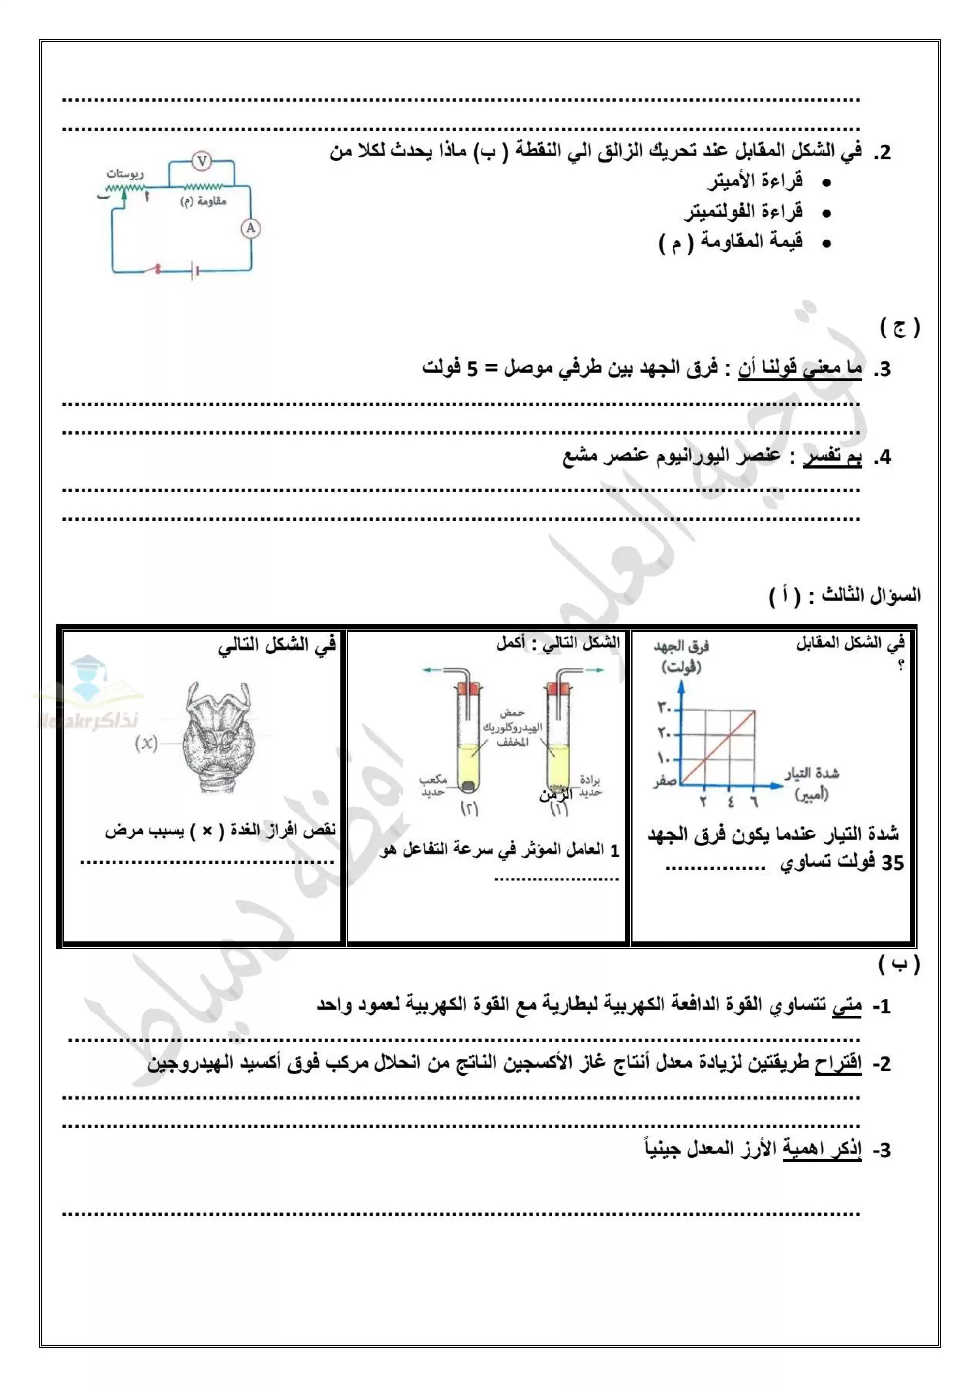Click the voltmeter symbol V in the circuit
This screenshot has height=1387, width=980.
[x=202, y=161]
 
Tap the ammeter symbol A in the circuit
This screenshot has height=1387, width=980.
[x=250, y=229]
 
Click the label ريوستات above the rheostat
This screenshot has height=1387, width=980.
[x=125, y=174]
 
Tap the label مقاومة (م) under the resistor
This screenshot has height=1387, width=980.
[x=203, y=201]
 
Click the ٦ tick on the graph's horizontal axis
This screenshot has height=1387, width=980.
[x=754, y=802]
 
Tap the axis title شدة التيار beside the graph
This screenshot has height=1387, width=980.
[x=812, y=773]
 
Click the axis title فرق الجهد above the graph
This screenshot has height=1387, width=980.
[x=681, y=647]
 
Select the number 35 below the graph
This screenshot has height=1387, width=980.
[x=892, y=863]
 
